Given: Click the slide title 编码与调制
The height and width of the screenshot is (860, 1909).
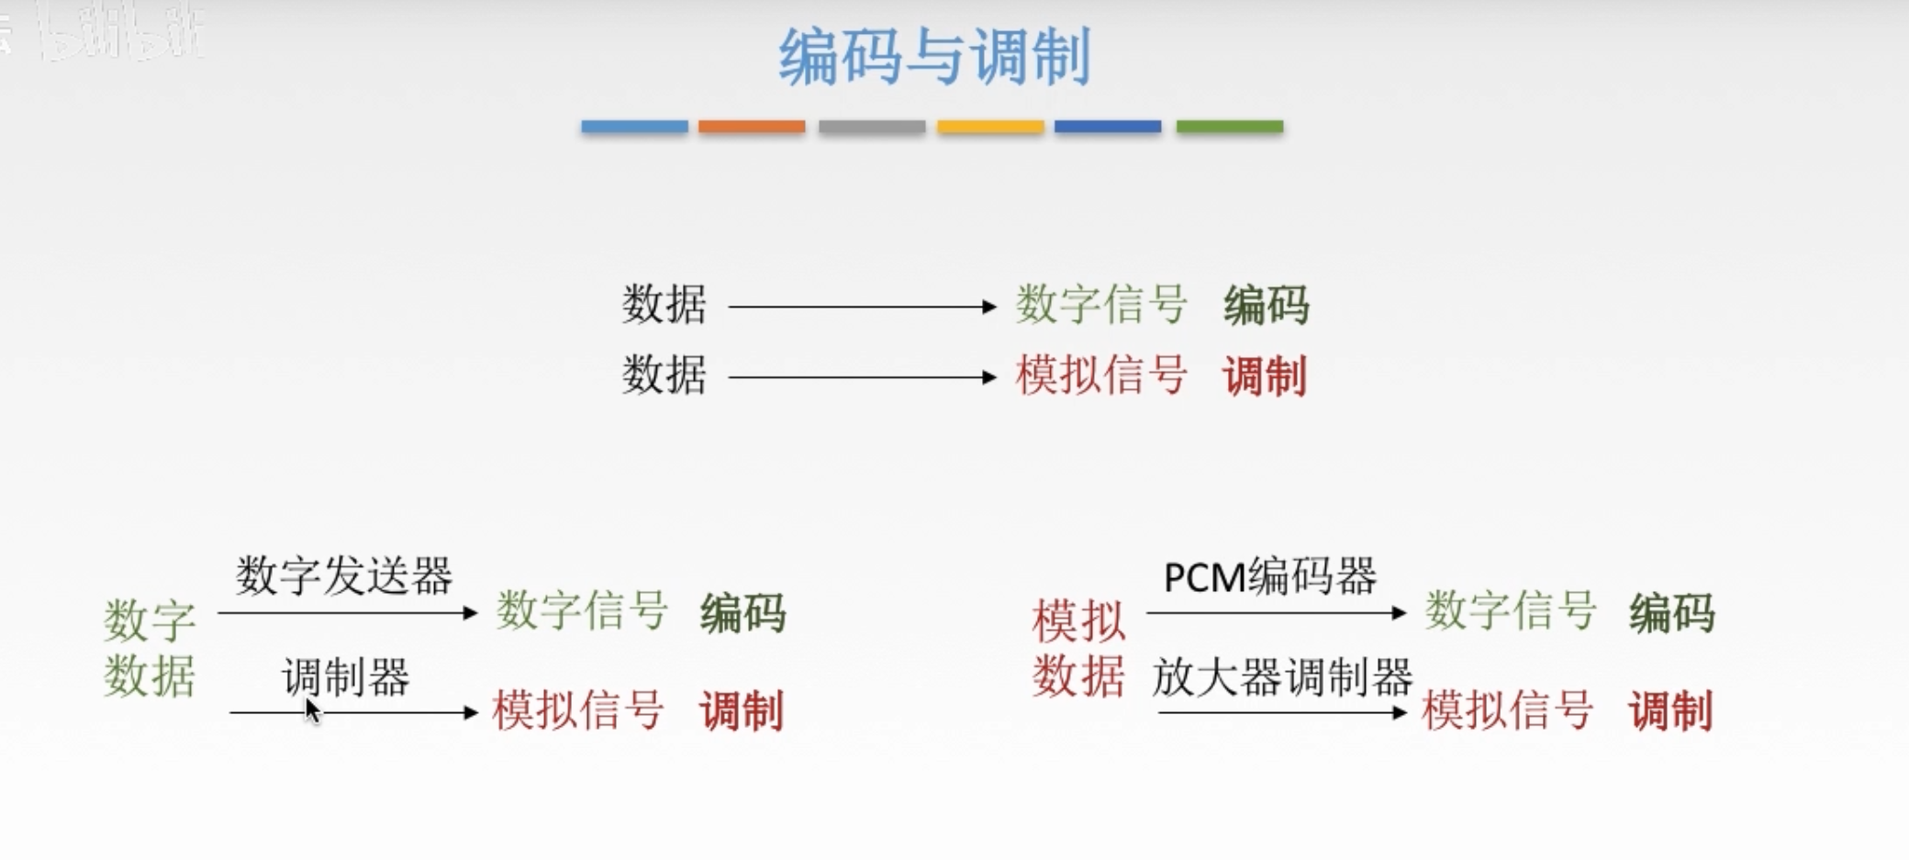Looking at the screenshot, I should tap(934, 57).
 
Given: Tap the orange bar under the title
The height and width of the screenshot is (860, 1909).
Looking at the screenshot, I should tap(752, 127).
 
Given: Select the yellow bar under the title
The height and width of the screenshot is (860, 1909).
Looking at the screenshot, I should tap(990, 127).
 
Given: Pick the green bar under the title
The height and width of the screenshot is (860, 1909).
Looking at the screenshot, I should tap(1230, 127).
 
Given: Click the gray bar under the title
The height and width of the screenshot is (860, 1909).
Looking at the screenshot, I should tap(872, 127).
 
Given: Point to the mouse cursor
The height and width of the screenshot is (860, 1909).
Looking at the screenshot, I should tap(312, 710).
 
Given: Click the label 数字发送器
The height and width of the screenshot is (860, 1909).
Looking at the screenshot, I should tap(344, 576).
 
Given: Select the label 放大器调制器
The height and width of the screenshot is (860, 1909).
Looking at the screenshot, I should tap(1282, 677).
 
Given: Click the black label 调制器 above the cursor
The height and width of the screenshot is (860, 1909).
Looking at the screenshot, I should tap(346, 677).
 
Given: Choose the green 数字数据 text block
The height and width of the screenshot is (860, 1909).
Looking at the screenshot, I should tap(150, 648).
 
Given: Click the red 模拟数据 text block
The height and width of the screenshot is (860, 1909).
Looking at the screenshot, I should tap(1078, 648).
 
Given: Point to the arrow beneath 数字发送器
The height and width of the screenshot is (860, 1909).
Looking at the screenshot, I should tap(348, 612).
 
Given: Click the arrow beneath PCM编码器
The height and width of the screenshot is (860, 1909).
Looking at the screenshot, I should tap(1276, 612).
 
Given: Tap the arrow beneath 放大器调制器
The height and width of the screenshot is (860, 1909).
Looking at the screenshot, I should tap(1282, 712).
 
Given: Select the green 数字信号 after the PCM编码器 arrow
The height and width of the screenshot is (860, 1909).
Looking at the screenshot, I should tap(1511, 611).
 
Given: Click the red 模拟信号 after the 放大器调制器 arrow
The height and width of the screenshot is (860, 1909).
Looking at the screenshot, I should tap(1508, 710).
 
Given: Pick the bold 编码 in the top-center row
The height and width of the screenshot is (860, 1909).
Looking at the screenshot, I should tap(1267, 305).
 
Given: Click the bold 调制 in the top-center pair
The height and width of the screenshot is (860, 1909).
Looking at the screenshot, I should tap(1265, 376).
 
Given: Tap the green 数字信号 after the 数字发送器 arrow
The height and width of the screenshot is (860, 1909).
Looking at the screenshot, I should tap(582, 611).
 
